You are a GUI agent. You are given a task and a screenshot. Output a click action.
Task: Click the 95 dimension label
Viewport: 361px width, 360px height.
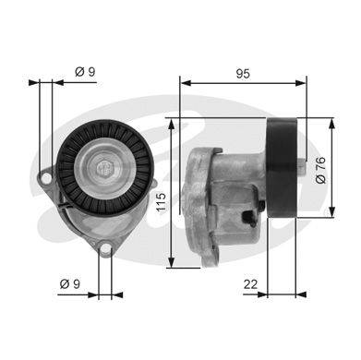point(243,74)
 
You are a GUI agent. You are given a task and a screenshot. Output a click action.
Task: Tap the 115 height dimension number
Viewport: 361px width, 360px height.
point(161,202)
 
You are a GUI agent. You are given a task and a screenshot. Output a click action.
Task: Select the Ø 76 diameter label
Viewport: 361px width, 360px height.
point(320,170)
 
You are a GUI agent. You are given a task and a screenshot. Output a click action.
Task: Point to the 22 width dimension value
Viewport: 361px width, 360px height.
point(250,284)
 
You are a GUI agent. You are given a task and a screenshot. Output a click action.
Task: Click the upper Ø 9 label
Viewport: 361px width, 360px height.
point(85,72)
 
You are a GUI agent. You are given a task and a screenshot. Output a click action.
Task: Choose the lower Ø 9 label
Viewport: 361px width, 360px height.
point(70,283)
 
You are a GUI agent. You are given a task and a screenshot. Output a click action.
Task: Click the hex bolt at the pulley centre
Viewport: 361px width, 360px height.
point(105,168)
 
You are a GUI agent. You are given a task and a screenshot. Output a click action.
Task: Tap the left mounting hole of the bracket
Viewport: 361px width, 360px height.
point(46,177)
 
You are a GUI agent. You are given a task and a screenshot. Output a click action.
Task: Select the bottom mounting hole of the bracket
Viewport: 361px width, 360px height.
point(105,248)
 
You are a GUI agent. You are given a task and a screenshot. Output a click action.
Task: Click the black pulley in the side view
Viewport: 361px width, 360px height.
point(282,168)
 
